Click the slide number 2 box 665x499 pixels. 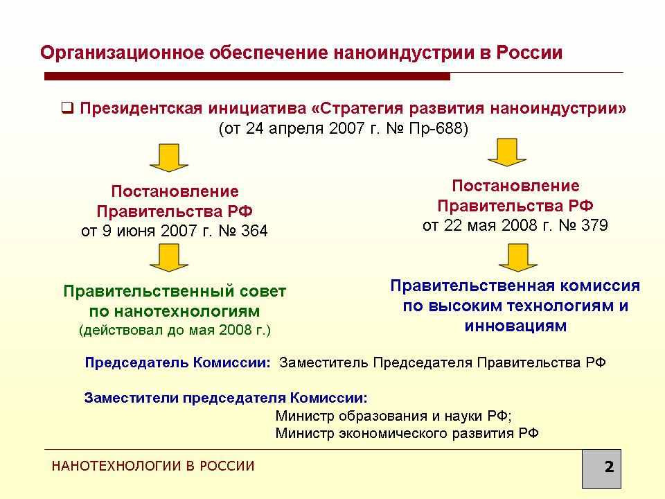(x=601, y=469)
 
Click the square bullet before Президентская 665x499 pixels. (x=67, y=108)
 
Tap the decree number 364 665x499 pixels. (x=254, y=231)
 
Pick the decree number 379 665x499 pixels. (x=594, y=225)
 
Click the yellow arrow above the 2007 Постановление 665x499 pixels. (x=169, y=158)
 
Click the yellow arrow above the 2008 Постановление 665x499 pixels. (x=507, y=152)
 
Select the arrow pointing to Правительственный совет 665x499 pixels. (x=169, y=258)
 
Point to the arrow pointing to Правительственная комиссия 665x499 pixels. (x=518, y=258)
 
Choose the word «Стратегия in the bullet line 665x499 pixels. (x=357, y=108)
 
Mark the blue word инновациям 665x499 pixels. (x=515, y=326)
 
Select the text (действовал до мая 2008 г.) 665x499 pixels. (x=175, y=330)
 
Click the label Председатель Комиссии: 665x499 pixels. (x=177, y=362)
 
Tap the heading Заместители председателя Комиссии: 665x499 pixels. (x=226, y=398)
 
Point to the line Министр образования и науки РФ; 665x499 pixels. (x=393, y=416)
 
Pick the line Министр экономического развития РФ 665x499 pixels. (x=407, y=433)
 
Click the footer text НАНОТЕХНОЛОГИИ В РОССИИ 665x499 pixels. (x=153, y=466)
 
